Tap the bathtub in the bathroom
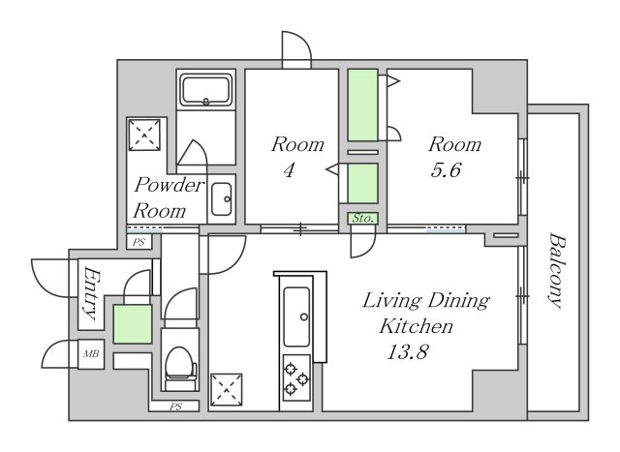(x=205, y=90)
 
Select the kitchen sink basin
(x=296, y=316)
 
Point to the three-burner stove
(x=296, y=378)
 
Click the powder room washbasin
(x=222, y=199)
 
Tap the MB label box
(x=91, y=354)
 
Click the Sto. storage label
(x=363, y=218)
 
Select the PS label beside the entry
(x=139, y=242)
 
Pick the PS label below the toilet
(x=175, y=407)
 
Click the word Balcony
(x=557, y=271)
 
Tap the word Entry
(x=90, y=292)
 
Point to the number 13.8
(x=408, y=351)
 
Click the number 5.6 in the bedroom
(x=446, y=170)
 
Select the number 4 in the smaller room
(x=290, y=170)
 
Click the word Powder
(x=170, y=185)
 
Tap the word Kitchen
(x=416, y=326)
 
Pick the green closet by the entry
(x=133, y=323)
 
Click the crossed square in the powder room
(x=144, y=135)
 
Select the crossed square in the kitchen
(x=226, y=390)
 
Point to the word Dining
(x=459, y=301)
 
